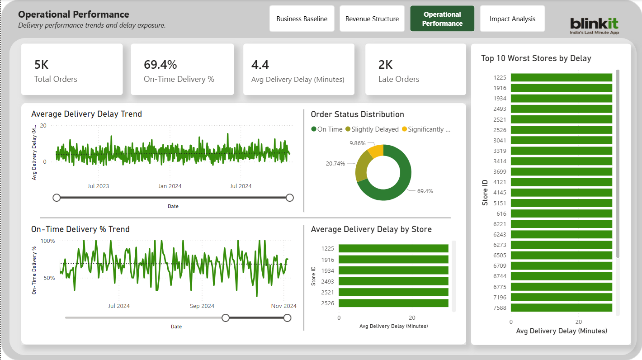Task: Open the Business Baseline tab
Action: (302, 19)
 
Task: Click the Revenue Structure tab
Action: (372, 19)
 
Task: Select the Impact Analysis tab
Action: (512, 19)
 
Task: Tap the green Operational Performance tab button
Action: (442, 19)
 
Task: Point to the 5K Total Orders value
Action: (41, 65)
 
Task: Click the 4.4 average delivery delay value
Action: (260, 65)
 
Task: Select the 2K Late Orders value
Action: (385, 65)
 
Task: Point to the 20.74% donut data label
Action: (335, 163)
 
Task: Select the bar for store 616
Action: (561, 213)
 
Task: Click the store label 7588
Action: (500, 308)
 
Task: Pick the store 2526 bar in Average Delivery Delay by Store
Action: (393, 303)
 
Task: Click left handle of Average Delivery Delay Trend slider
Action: (57, 198)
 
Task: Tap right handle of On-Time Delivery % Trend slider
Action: (287, 318)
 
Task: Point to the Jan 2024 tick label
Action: (170, 186)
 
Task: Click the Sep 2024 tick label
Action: (202, 306)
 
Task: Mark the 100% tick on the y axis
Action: (48, 241)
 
